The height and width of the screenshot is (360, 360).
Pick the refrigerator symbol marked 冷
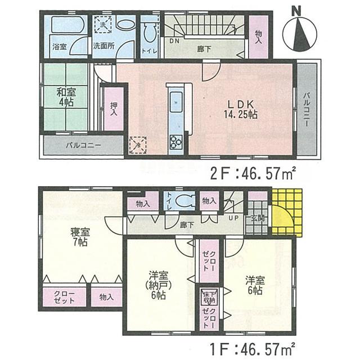[137, 145]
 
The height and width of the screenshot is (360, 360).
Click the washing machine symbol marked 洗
[102, 25]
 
